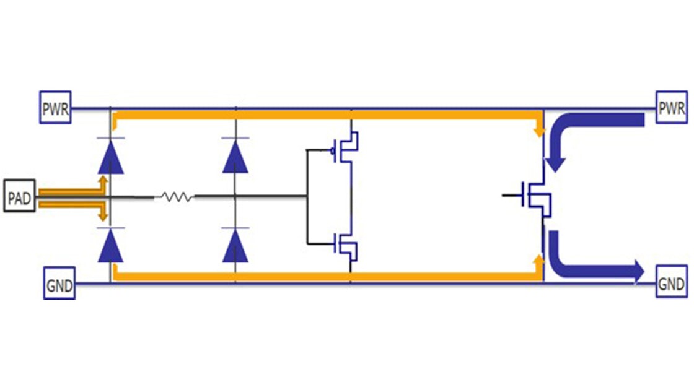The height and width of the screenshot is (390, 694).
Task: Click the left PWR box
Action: (55, 109)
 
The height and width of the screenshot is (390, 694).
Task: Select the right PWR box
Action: (671, 109)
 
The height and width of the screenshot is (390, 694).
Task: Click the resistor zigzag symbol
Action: (174, 197)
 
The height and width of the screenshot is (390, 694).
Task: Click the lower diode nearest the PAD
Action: (110, 246)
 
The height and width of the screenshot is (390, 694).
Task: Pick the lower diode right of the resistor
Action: (235, 246)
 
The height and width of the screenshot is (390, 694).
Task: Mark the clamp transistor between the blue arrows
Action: (536, 196)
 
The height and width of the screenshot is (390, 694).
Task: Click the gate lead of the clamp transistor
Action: (511, 195)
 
